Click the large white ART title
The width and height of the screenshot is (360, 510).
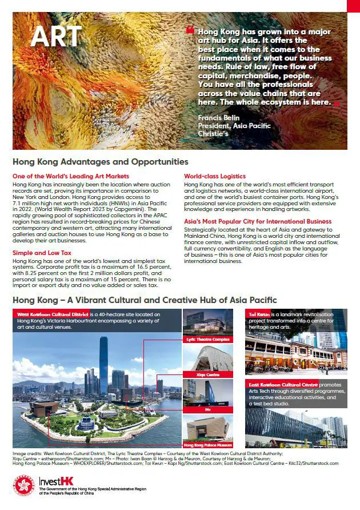56,37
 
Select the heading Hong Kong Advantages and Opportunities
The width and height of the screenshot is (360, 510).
101,162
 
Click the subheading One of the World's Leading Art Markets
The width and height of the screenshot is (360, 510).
71,176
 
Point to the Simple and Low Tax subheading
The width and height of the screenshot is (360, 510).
42,252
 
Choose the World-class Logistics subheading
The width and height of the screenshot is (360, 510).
215,176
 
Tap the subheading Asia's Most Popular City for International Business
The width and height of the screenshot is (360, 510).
258,221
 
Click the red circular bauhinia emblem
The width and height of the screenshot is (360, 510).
23,487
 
